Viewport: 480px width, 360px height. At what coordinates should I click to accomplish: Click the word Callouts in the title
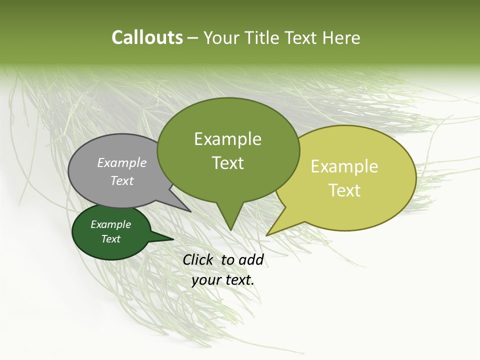point(147,38)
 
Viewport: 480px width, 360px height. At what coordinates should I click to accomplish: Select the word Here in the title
point(340,38)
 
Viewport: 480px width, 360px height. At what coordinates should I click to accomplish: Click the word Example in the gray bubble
point(122,163)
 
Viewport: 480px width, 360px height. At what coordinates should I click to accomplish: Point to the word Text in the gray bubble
point(122,180)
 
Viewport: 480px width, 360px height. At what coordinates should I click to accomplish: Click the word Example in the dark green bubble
point(111,225)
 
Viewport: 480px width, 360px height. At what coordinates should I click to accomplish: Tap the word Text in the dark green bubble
point(111,239)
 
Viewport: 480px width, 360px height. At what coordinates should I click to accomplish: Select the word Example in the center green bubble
point(227,139)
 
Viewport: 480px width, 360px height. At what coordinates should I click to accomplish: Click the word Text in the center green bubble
point(227,163)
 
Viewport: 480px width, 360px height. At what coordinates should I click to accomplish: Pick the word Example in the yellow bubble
point(344,166)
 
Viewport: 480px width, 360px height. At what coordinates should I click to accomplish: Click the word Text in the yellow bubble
point(344,190)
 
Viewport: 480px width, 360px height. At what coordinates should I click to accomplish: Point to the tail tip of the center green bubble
point(230,229)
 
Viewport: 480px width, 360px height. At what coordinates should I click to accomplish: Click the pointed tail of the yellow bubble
point(268,234)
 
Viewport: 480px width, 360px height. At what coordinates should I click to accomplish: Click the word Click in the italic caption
point(199,259)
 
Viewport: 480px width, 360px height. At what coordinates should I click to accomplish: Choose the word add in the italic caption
point(251,259)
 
